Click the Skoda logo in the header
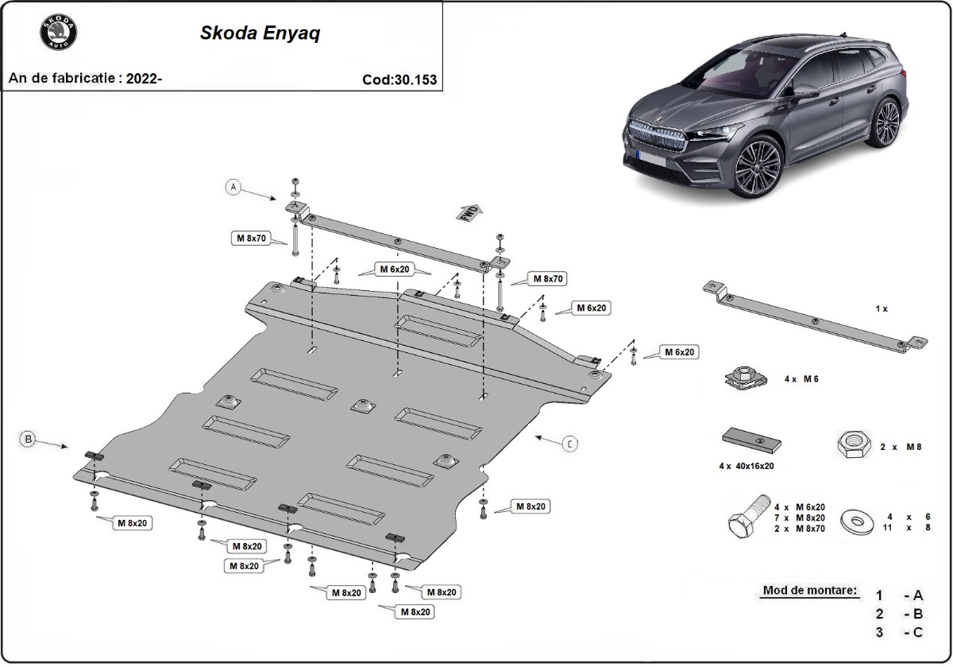point(58,34)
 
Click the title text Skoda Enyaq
point(260,34)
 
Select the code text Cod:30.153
point(399,79)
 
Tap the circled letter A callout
point(233,188)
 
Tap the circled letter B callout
point(28,438)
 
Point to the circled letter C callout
point(569,444)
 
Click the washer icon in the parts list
point(857,522)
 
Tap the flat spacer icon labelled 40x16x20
point(750,440)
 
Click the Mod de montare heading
point(809,591)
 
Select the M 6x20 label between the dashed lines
point(395,270)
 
